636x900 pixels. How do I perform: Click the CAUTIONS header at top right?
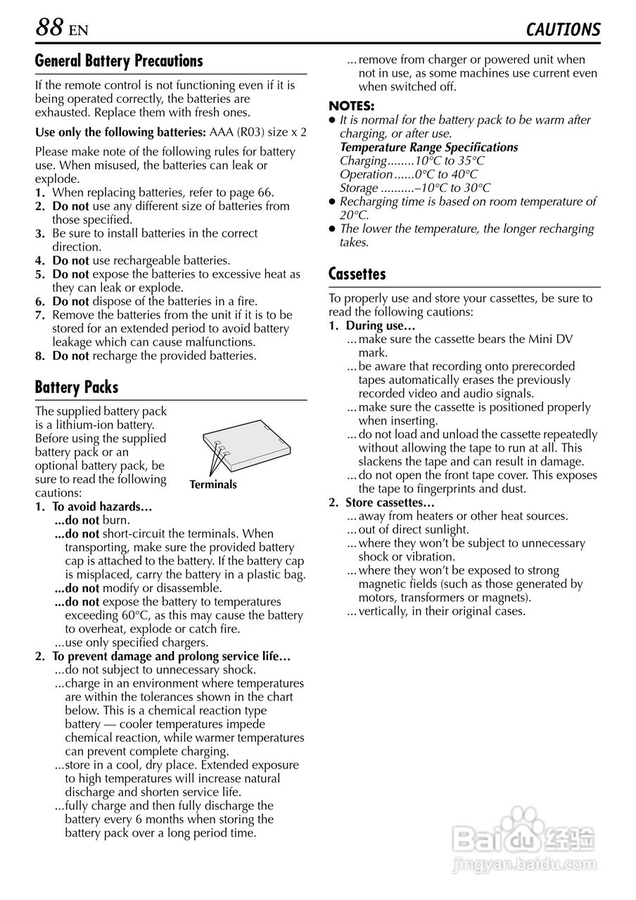click(x=563, y=30)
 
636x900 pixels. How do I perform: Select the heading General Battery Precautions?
click(x=118, y=61)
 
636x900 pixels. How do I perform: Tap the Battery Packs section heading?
click(x=77, y=387)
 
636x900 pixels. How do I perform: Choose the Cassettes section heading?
click(x=357, y=274)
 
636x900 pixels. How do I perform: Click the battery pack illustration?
click(x=246, y=446)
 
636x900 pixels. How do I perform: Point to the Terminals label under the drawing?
click(x=213, y=484)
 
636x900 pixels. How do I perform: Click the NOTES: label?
click(x=352, y=106)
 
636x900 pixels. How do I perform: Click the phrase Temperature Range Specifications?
click(x=428, y=147)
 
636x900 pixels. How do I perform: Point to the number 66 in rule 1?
click(x=264, y=193)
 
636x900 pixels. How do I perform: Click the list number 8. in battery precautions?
click(x=40, y=356)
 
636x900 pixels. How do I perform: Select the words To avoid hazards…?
click(x=103, y=506)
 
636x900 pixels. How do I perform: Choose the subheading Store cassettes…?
click(x=390, y=503)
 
